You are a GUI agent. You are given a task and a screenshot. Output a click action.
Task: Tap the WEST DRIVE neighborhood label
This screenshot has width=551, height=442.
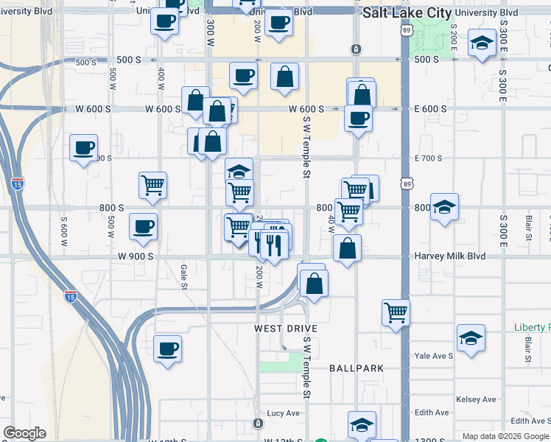point(286,328)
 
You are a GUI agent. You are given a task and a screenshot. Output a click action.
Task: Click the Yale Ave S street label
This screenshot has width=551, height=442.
point(432,355)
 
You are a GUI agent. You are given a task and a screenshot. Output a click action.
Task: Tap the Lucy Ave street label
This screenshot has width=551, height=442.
point(285,413)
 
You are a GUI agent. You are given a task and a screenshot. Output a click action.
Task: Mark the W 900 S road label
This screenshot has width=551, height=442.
point(134,256)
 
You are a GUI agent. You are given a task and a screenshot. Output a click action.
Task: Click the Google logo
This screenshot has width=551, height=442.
point(24,433)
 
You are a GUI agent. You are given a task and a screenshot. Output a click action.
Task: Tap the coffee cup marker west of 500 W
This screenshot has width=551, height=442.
point(83,147)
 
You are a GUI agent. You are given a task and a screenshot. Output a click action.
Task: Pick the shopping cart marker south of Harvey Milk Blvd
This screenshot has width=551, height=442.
point(396,312)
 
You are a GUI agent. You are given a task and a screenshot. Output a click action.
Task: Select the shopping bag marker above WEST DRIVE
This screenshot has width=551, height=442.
point(314,281)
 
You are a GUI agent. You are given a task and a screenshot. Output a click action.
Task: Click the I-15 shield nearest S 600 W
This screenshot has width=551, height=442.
point(18,183)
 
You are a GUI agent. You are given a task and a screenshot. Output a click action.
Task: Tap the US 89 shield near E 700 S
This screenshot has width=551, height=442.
point(407,184)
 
